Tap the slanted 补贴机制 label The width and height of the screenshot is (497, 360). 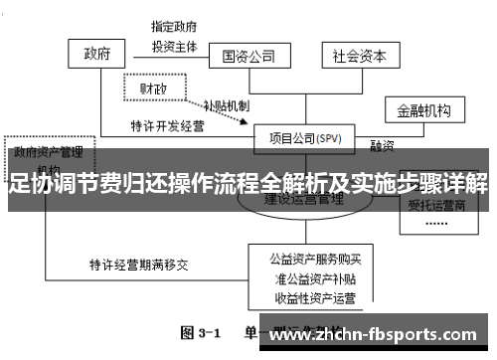tap(227, 104)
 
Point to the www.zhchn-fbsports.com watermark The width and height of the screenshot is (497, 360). tap(377, 335)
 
